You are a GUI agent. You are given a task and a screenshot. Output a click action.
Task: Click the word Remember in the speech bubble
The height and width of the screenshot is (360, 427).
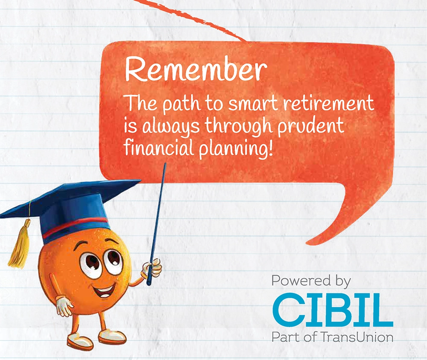point(195,70)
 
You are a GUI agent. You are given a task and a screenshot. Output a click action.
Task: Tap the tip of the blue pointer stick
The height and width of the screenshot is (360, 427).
point(165,163)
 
